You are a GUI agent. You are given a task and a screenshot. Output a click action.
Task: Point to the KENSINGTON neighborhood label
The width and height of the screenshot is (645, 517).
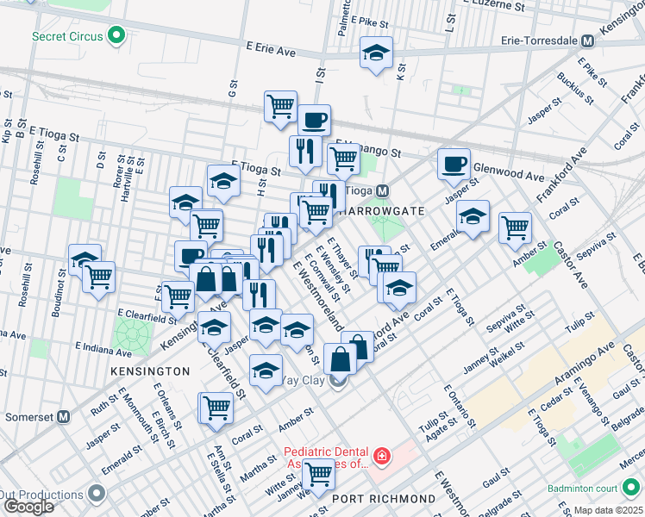coord(150,371)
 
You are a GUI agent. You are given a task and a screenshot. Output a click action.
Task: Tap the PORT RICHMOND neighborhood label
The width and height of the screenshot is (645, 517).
coord(383,499)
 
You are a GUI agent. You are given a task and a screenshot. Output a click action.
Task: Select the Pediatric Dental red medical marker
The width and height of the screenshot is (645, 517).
coord(380,454)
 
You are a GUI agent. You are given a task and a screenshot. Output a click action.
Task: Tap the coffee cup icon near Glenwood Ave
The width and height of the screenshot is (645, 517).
coord(454,163)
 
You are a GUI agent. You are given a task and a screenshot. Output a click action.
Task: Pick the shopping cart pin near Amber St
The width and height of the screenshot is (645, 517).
coord(515,227)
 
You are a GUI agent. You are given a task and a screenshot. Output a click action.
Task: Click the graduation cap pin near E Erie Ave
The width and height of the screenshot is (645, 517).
coord(376,53)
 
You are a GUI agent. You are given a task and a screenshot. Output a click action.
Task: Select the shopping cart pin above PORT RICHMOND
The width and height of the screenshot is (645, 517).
coord(319,472)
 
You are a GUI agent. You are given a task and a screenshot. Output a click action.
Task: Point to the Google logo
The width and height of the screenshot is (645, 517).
coord(28,507)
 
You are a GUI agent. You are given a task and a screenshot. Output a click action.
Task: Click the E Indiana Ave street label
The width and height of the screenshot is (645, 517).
coord(103,350)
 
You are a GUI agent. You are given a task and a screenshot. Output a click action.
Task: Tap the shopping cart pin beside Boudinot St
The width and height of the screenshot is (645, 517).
coord(99,277)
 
